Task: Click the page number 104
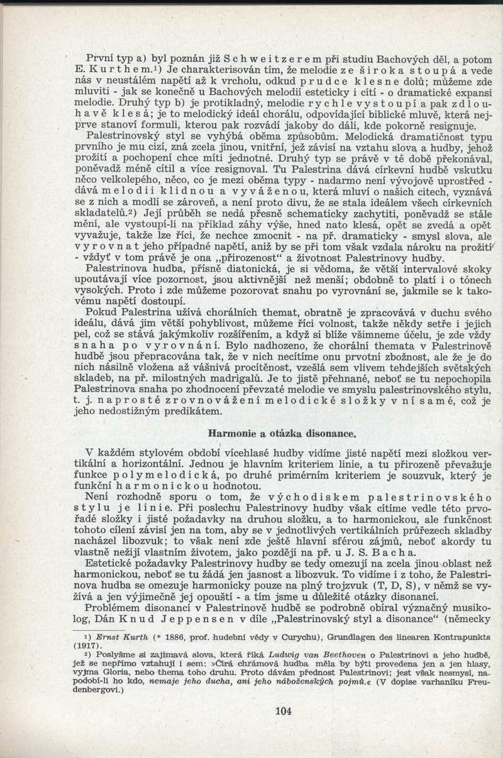[284, 711]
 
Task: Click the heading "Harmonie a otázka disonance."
[282, 433]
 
